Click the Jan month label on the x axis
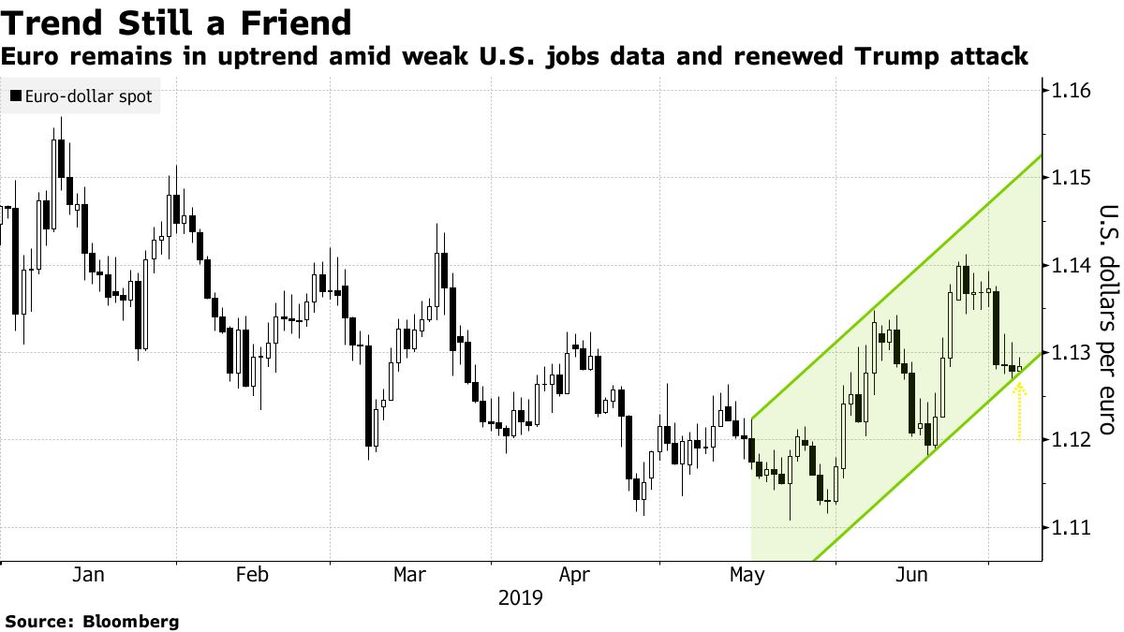point(87,574)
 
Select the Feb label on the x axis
point(253,574)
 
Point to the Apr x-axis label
point(574,574)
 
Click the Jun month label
point(910,574)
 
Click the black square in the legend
point(16,96)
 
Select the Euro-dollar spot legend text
point(88,96)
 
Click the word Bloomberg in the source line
point(131,621)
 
